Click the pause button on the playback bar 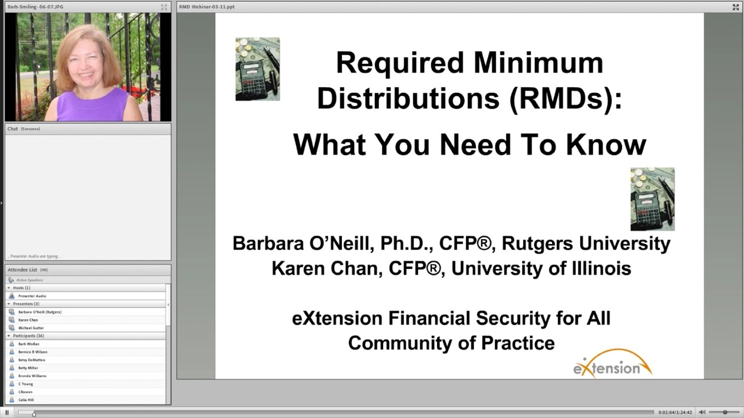click(7, 412)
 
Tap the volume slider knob click(725, 412)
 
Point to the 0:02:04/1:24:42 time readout click(675, 412)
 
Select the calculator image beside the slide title click(257, 69)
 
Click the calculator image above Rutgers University click(652, 199)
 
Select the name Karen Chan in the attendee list click(28, 320)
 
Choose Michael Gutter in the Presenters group click(31, 328)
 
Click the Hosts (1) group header click(22, 288)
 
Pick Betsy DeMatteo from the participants click(31, 360)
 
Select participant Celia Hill click(26, 400)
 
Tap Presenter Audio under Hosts click(32, 296)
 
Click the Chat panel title click(13, 129)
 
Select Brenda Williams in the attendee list click(32, 376)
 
